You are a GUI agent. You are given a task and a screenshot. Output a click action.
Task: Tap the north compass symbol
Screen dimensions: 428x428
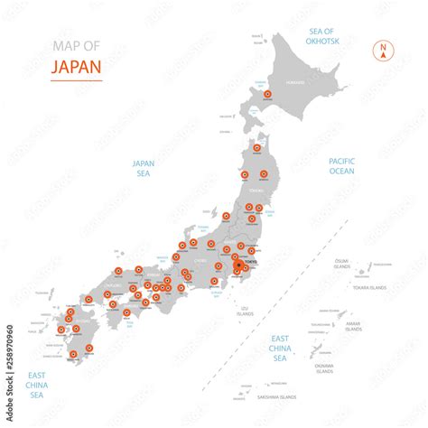click(384, 51)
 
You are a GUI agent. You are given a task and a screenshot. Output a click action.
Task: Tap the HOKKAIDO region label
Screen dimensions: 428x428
click(296, 83)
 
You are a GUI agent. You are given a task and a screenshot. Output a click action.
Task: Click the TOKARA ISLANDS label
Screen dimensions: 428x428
click(368, 287)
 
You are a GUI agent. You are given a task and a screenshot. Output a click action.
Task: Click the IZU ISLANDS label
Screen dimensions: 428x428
click(245, 312)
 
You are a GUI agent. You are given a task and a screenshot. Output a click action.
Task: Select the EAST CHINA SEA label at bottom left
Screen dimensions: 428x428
click(36, 384)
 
